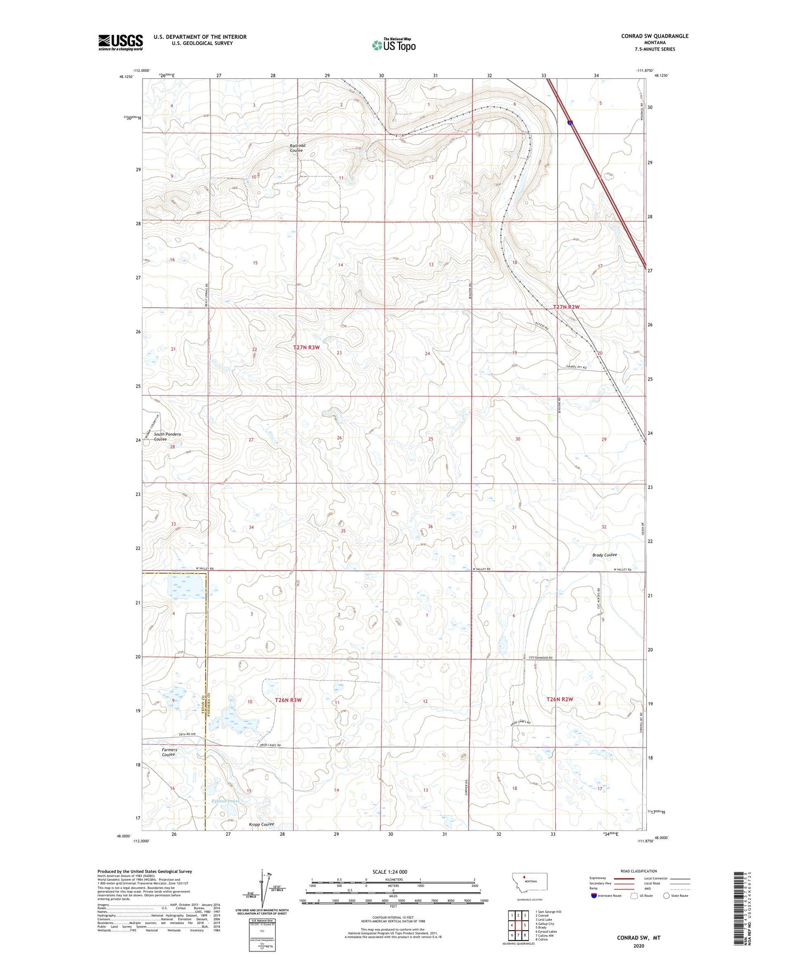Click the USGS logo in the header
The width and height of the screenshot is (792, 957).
(x=121, y=42)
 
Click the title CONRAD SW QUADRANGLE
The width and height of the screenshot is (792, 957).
(x=654, y=36)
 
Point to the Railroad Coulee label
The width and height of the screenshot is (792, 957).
(x=298, y=148)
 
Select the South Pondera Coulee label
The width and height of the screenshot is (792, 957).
(x=167, y=437)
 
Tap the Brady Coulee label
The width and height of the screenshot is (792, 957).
(x=605, y=555)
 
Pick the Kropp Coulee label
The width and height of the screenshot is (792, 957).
(x=261, y=824)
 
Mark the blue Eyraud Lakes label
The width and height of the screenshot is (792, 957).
(x=225, y=801)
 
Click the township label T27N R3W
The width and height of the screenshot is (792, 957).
(x=306, y=348)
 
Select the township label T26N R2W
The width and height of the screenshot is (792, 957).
(x=560, y=699)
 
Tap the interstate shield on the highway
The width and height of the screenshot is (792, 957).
(x=570, y=123)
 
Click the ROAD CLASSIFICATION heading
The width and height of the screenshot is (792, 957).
(x=639, y=871)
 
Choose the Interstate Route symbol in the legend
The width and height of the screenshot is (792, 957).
(x=594, y=896)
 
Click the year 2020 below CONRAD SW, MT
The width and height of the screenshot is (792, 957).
(x=638, y=946)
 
